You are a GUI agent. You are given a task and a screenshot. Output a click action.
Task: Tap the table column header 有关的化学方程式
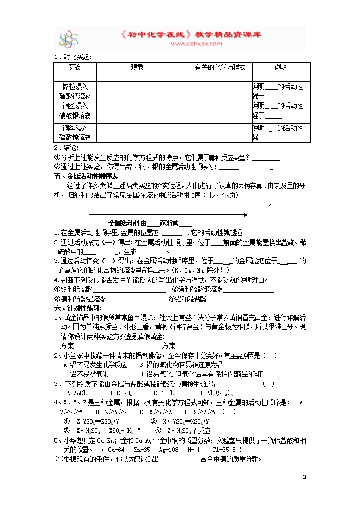(220, 67)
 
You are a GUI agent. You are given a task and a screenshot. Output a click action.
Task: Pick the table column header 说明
(280, 67)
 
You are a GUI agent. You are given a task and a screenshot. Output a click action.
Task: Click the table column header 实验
(75, 67)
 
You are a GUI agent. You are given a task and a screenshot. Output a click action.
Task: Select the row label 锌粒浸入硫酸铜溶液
(75, 91)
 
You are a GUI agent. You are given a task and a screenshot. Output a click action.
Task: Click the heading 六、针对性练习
(78, 308)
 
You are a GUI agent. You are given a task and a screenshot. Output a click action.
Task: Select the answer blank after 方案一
(117, 347)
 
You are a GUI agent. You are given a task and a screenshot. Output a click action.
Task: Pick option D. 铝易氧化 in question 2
(201, 374)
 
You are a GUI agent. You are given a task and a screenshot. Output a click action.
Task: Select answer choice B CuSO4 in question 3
(121, 393)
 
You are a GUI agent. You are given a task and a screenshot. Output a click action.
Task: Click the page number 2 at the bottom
(305, 476)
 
